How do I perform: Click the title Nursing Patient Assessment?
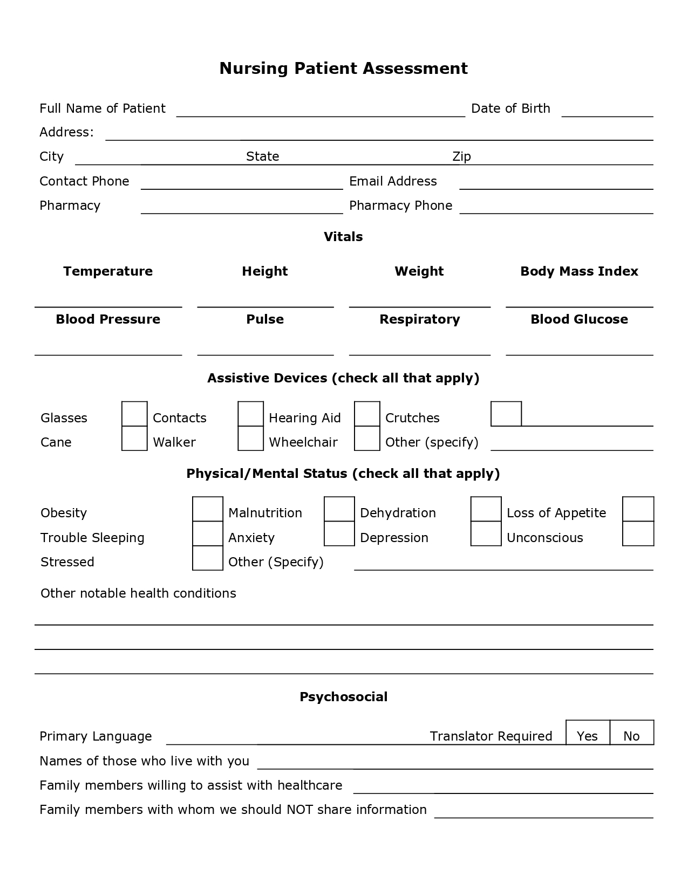tap(343, 69)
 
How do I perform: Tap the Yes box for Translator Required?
tap(588, 732)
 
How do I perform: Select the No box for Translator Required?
tap(632, 732)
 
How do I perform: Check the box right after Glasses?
tap(134, 414)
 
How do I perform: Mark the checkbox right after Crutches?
tap(506, 414)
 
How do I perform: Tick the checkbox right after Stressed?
tap(208, 558)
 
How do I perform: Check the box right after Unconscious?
tap(638, 534)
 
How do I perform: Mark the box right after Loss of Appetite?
tap(638, 509)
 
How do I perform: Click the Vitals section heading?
tap(343, 237)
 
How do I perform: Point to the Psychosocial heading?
tap(343, 697)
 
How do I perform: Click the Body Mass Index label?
tap(579, 271)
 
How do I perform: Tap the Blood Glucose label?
tap(579, 319)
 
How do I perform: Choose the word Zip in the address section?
tap(461, 156)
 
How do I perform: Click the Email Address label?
tap(393, 181)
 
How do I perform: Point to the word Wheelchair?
tap(303, 442)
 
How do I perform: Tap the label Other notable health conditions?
tap(138, 593)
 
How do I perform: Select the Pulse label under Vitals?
tap(265, 319)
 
